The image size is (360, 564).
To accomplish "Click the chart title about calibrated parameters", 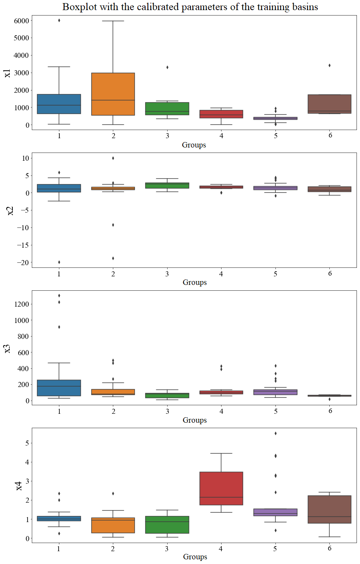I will [x=190, y=7].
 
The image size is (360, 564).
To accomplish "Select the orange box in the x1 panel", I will [x=113, y=94].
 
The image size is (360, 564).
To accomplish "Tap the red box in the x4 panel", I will [x=221, y=488].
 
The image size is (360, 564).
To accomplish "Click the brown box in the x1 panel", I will [x=329, y=104].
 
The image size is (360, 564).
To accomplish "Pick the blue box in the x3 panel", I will [x=59, y=388].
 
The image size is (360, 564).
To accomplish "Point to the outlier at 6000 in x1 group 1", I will [x=59, y=21].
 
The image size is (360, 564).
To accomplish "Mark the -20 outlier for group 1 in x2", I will [x=59, y=262].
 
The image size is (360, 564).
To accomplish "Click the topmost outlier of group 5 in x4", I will [x=275, y=433].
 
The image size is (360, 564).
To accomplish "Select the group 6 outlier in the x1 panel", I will [x=329, y=65].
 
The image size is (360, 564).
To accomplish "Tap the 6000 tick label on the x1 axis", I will [x=21, y=21].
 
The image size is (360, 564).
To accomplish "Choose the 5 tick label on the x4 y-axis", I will [x=27, y=443].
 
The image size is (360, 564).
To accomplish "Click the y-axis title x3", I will [x=7, y=348].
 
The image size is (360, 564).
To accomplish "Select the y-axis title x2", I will [x=10, y=210].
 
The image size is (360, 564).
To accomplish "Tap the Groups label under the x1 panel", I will [x=194, y=145].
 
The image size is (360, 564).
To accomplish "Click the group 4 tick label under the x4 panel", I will [x=221, y=549].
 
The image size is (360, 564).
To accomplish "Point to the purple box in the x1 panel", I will [x=275, y=118].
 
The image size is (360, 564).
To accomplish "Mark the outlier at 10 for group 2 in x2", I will [x=113, y=158].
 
